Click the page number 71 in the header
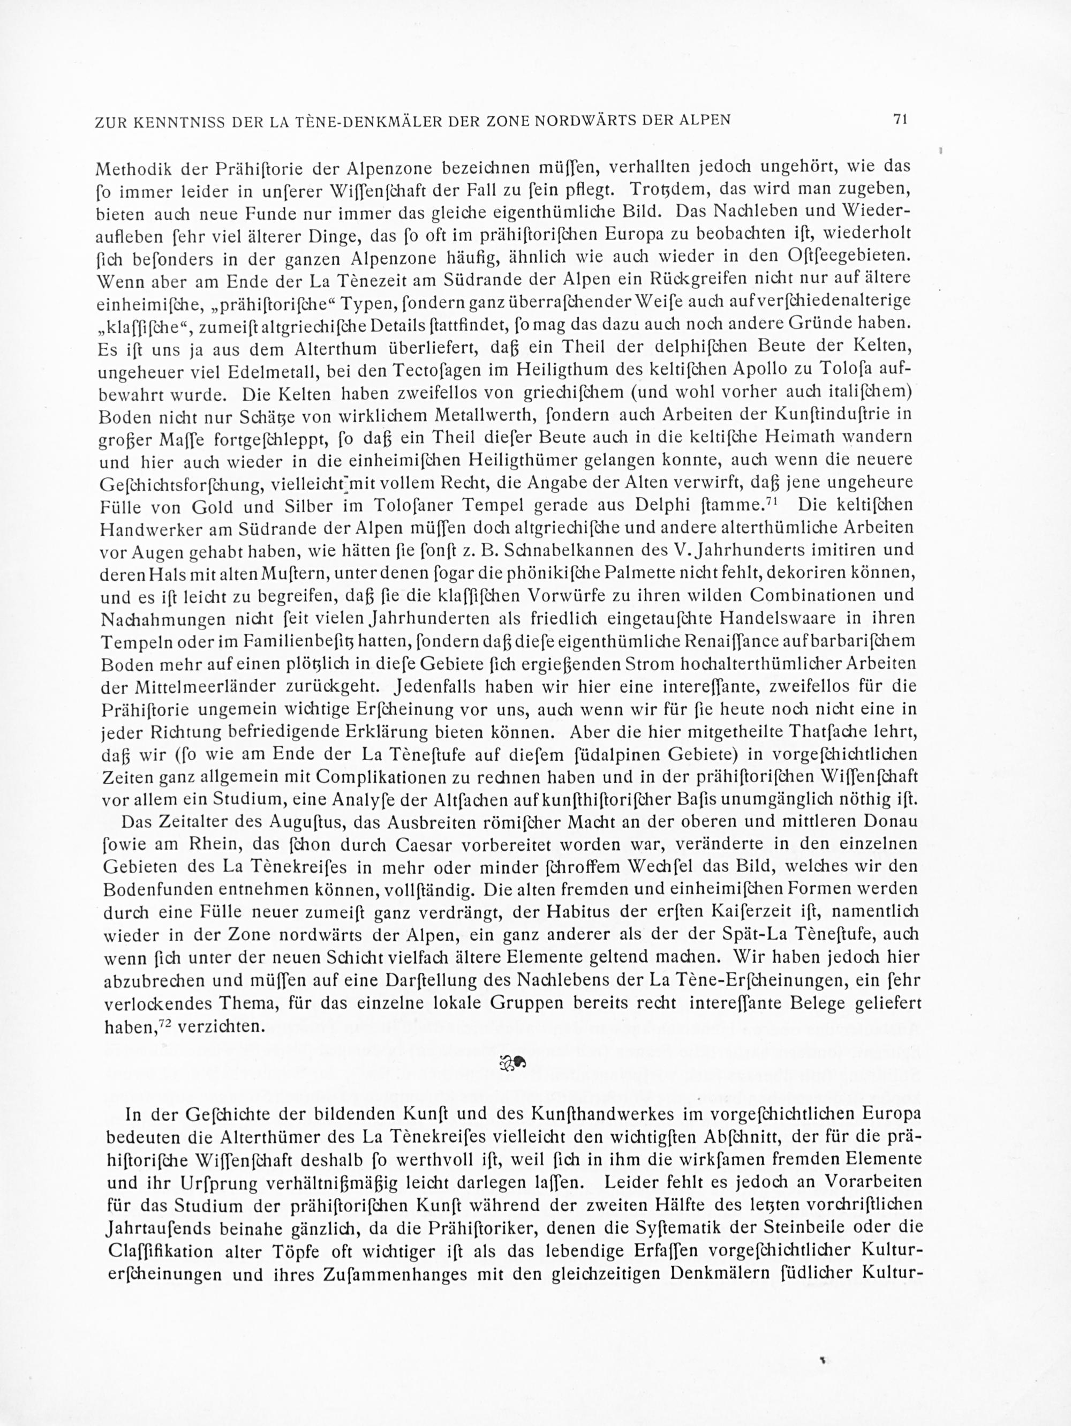coord(900,119)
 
